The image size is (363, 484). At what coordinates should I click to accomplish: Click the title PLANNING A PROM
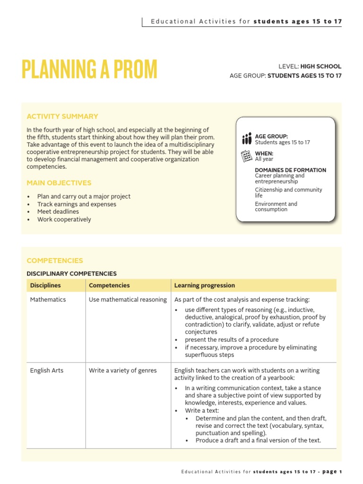89,70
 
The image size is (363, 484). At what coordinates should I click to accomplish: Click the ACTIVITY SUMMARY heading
62,116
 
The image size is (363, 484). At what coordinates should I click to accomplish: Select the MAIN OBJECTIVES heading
59,183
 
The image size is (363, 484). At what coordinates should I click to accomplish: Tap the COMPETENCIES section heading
55,260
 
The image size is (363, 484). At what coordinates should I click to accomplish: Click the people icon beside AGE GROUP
247,138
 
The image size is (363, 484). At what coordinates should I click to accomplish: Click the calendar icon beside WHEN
247,156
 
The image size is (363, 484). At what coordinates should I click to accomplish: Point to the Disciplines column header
45,285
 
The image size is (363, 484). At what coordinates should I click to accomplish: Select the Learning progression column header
204,285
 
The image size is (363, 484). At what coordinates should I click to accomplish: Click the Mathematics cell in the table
48,300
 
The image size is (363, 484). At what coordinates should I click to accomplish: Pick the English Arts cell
47,371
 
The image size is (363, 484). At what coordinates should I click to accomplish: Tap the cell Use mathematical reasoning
128,300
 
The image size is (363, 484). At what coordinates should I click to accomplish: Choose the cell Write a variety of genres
122,371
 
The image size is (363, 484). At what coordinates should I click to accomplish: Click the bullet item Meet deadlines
58,212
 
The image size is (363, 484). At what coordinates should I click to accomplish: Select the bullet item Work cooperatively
64,219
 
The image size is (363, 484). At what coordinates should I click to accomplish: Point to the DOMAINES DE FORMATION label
290,170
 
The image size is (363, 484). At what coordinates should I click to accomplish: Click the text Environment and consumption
276,207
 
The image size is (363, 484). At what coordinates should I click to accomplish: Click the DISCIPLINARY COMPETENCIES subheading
71,274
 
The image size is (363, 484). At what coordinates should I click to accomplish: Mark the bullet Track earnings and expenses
77,204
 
